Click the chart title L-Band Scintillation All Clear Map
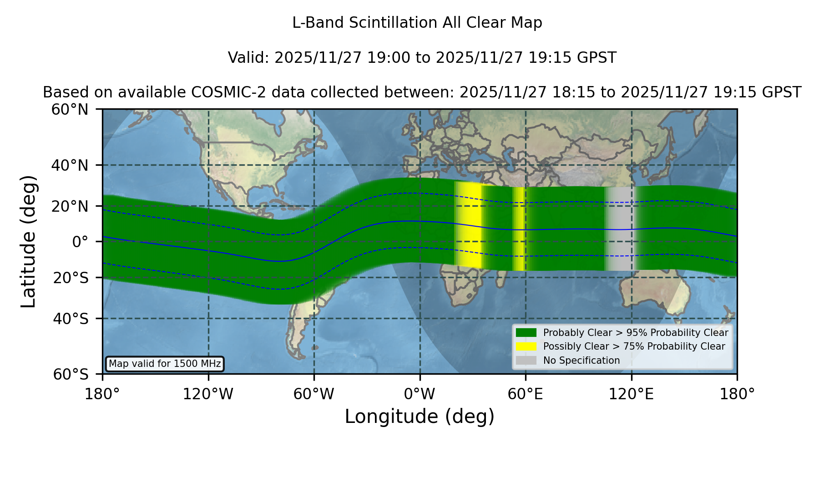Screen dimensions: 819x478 tap(417, 23)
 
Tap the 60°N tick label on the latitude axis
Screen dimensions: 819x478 tap(70, 110)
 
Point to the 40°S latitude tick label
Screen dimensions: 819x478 tap(71, 319)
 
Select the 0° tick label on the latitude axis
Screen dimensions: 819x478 tap(80, 242)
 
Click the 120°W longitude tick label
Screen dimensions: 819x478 tap(208, 394)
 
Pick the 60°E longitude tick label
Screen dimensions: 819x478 tap(526, 394)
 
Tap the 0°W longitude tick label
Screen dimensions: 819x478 tap(420, 394)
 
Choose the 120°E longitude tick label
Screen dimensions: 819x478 tap(631, 394)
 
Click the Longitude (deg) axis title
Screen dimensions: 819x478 tap(420, 417)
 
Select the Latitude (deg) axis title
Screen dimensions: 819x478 tap(28, 242)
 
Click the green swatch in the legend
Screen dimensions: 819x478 tap(526, 333)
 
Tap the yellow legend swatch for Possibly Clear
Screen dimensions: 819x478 tap(526, 346)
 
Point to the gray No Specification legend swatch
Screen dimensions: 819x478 tap(526, 361)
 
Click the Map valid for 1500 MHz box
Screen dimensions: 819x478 tap(165, 364)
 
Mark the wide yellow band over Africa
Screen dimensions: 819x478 tap(469, 225)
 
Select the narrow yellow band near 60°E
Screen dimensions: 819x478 tap(519, 229)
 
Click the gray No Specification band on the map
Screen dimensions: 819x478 tap(620, 229)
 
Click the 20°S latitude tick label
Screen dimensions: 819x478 tap(71, 278)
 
